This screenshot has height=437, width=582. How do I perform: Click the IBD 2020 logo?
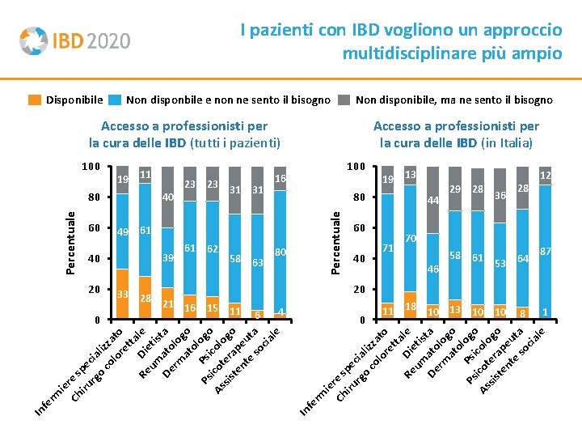(74, 40)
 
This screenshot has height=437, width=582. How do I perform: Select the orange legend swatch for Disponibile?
(35, 100)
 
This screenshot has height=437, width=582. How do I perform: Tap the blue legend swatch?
(115, 100)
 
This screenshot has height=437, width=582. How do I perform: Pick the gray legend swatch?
(344, 100)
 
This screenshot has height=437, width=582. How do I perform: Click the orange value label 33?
(123, 293)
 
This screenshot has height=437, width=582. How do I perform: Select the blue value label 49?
(123, 233)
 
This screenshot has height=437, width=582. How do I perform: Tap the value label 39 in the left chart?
(168, 258)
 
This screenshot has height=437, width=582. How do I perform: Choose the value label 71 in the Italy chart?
(388, 248)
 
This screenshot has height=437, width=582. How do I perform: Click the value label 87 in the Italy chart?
(546, 252)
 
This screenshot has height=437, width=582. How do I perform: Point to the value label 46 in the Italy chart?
(432, 269)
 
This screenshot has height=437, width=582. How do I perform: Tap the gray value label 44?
(433, 200)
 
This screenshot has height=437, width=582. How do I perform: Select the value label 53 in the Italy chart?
(500, 263)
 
